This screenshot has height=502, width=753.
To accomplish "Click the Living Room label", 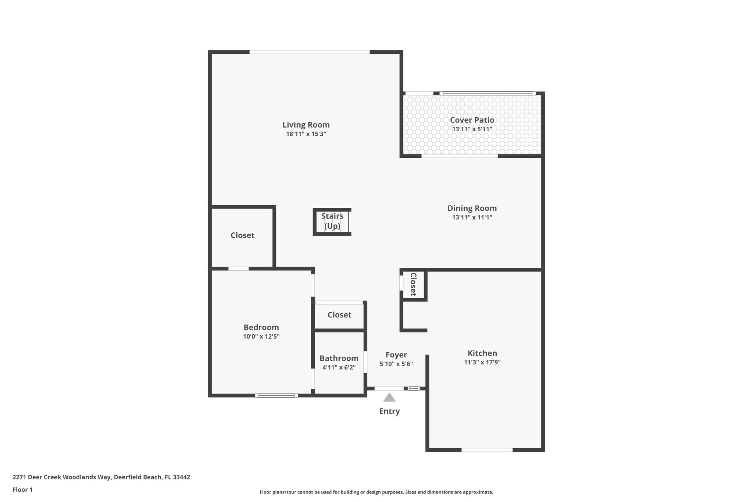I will tap(306, 125).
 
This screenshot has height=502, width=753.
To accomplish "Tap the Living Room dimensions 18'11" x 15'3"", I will tap(306, 134).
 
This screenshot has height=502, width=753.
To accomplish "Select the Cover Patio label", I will tap(472, 120).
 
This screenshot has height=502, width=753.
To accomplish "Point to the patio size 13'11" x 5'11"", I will tap(472, 129).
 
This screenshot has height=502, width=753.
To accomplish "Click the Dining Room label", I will tap(472, 208).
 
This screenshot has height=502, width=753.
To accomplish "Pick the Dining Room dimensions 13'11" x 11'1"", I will tap(472, 217).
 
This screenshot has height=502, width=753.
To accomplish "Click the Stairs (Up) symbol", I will tap(332, 221).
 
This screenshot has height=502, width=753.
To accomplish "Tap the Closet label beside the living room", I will tap(242, 235).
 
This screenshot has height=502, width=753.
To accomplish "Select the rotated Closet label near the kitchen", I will tap(413, 284).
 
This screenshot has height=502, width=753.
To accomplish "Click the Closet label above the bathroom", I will tap(339, 315).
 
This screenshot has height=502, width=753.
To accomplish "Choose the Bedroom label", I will tap(261, 327).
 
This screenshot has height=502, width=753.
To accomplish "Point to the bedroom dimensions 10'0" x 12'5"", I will tap(261, 337).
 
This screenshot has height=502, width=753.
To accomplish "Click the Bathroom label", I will tap(339, 358).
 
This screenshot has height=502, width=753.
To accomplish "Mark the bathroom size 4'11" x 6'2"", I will tap(339, 367).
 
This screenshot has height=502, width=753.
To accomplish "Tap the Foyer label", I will tap(396, 355).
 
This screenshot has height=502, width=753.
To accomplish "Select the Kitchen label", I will tap(482, 353).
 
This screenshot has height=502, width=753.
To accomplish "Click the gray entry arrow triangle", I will tap(389, 398).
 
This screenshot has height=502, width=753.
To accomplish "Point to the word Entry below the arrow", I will tap(389, 411).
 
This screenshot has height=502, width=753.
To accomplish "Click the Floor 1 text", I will tap(22, 489).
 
